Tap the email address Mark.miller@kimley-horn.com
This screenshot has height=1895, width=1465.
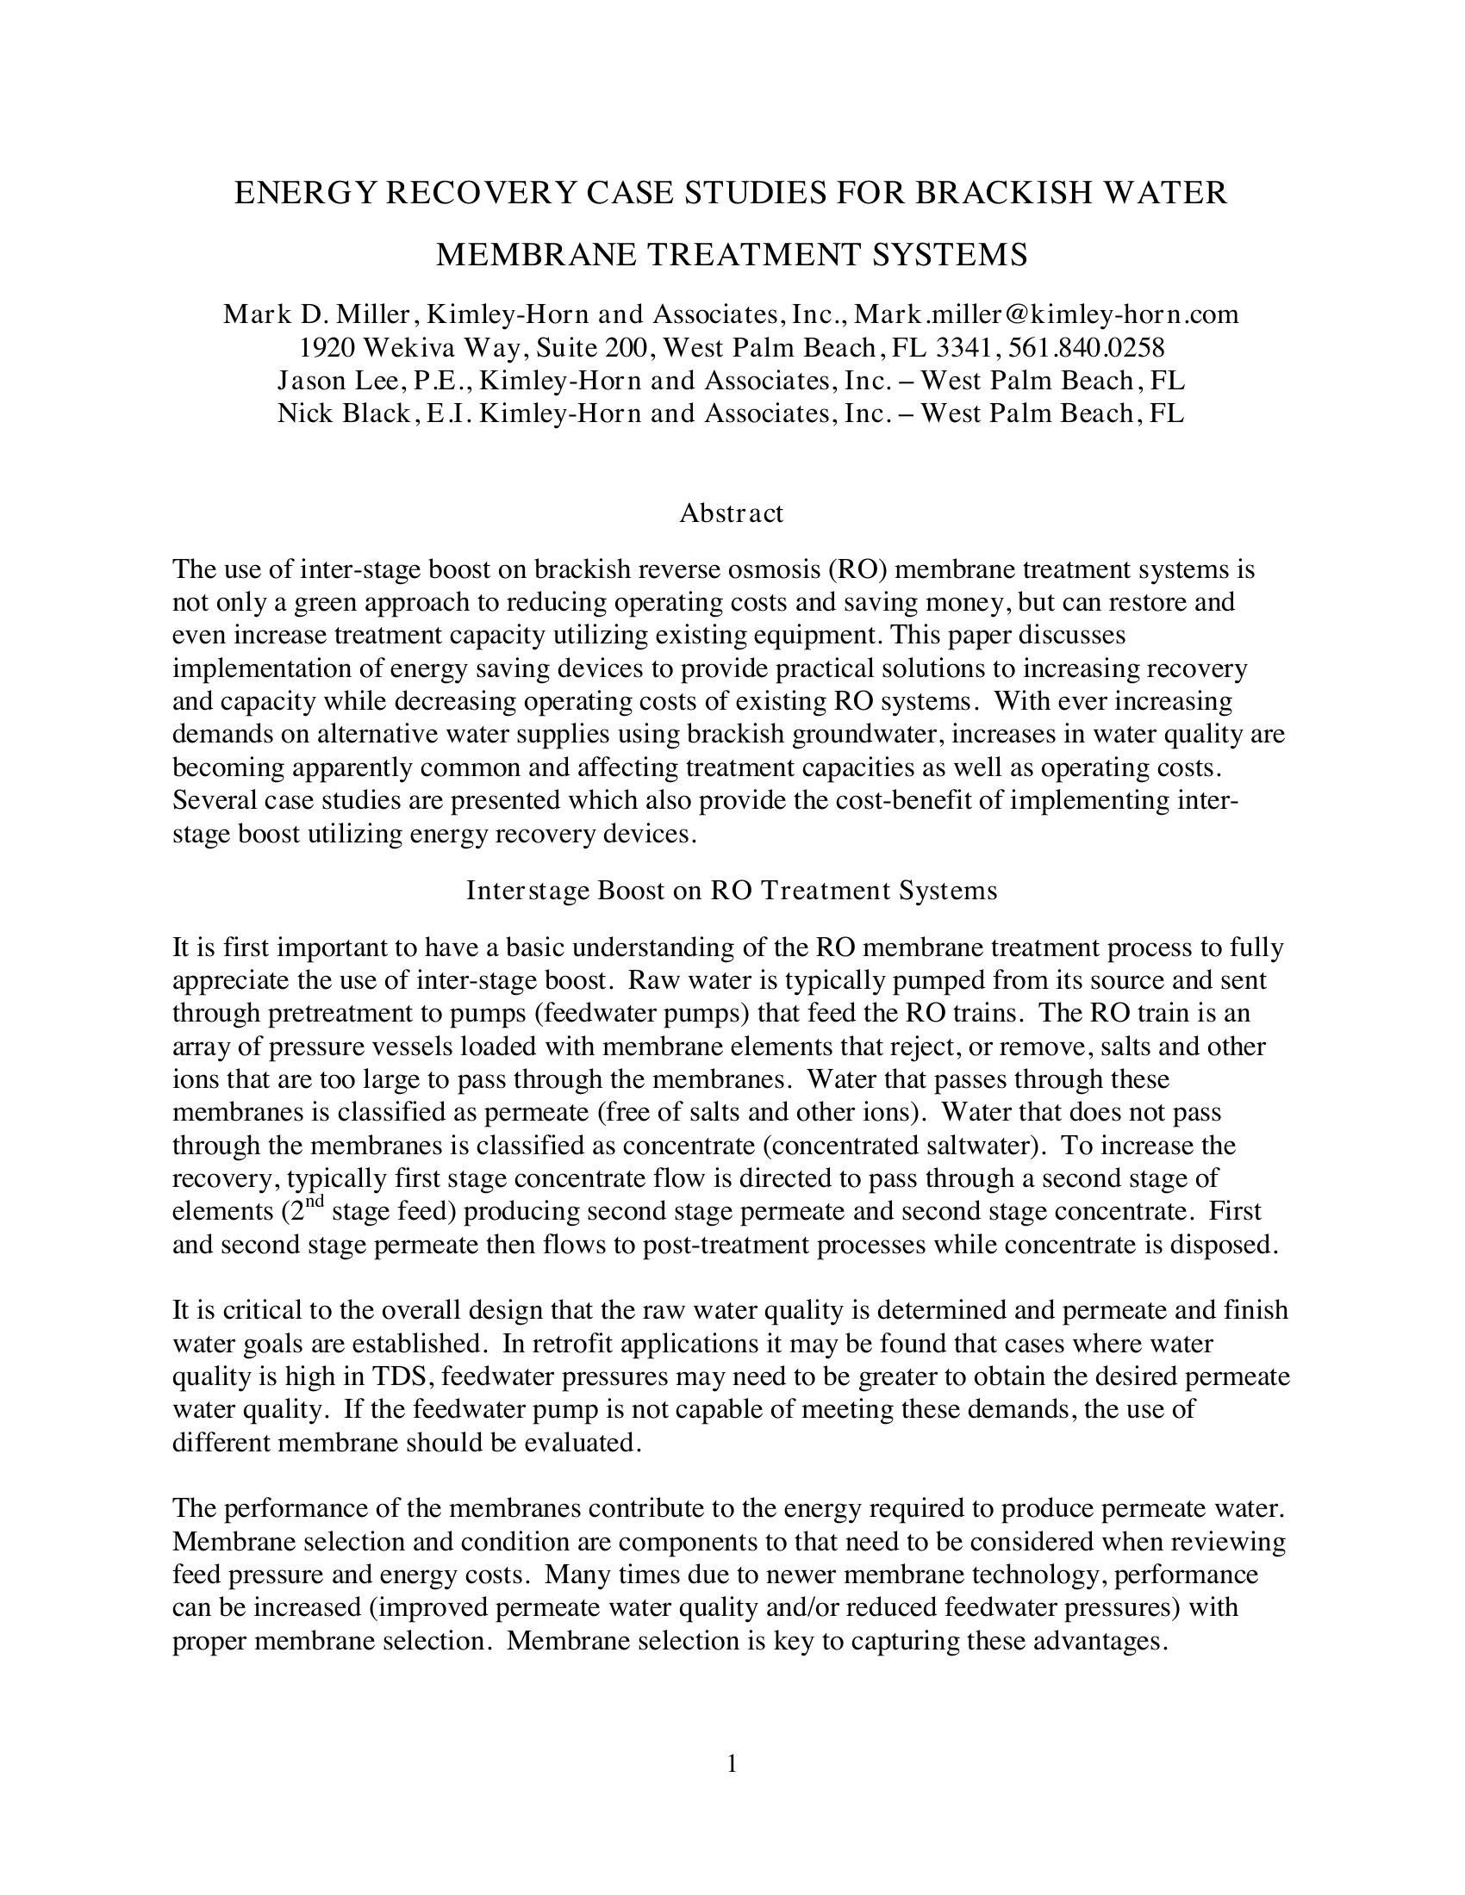(1047, 314)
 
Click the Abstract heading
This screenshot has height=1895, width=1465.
(731, 513)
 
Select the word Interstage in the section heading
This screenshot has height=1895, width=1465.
(527, 892)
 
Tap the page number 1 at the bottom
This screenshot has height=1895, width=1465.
(732, 1764)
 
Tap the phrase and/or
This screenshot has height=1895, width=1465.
(787, 1608)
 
